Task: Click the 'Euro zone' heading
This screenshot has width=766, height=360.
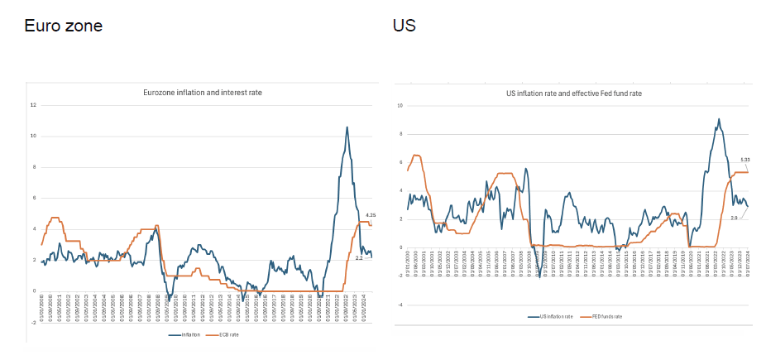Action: pos(63,26)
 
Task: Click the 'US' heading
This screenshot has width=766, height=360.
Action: pos(404,26)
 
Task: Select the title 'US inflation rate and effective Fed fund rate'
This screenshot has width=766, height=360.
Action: pos(573,94)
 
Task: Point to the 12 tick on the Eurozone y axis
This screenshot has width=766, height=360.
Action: pos(33,105)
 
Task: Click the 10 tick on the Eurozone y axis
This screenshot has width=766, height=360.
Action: pos(33,136)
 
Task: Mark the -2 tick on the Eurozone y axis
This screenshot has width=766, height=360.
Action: pos(33,323)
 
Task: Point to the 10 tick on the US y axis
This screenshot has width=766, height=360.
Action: pos(400,106)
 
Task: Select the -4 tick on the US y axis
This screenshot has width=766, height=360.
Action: pos(400,305)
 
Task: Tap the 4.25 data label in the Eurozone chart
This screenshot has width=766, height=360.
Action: pos(370,215)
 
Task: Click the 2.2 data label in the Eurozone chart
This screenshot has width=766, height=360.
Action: pos(358,258)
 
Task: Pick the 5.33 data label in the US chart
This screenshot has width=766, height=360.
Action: pos(744,160)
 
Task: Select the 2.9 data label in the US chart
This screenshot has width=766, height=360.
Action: pos(734,216)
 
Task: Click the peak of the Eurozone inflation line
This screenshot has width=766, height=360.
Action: pos(347,127)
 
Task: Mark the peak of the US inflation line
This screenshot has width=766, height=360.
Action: pos(718,119)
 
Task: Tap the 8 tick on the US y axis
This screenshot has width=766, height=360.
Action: pos(400,134)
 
